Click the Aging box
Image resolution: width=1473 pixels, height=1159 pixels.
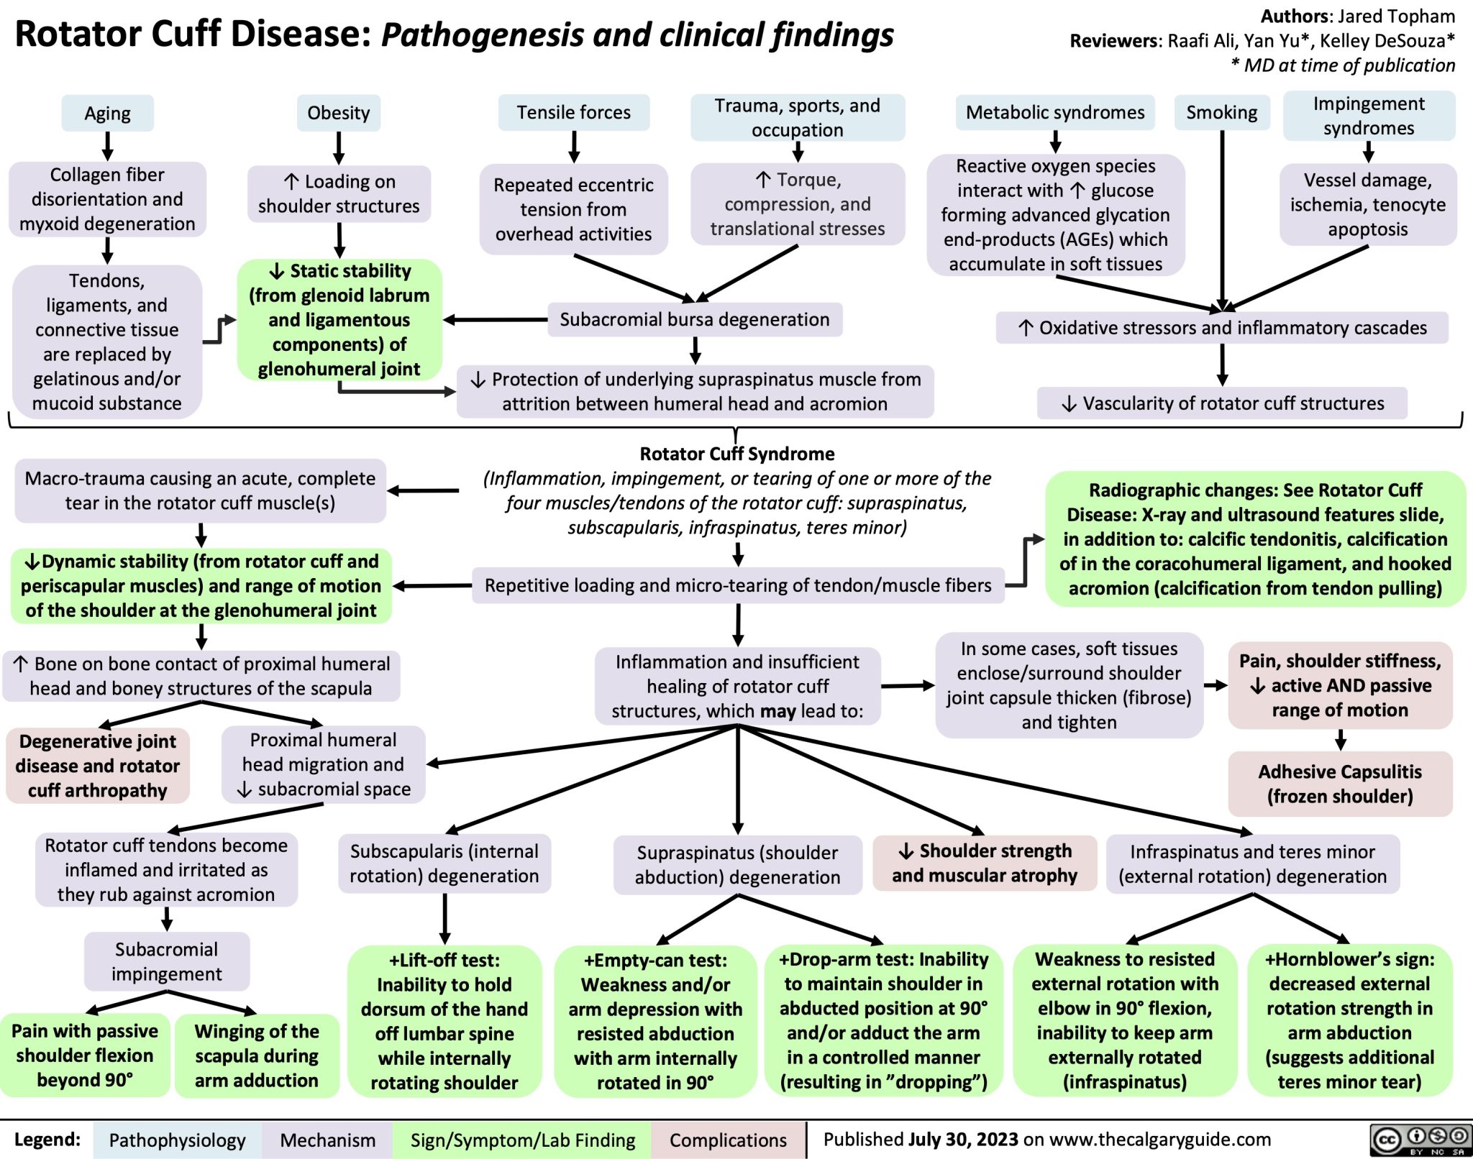[x=107, y=114]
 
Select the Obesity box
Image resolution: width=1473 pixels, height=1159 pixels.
[x=338, y=113]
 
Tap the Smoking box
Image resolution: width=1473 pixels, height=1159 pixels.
[x=1221, y=113]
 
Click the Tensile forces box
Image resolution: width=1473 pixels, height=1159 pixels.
[x=573, y=113]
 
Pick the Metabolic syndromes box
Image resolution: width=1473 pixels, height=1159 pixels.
[x=1054, y=113]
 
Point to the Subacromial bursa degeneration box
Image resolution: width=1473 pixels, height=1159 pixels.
[x=694, y=320]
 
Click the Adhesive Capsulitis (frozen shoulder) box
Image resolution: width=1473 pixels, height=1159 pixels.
[x=1339, y=784]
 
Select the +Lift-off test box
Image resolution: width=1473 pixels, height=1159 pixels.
[x=444, y=1021]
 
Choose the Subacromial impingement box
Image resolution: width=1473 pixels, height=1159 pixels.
[x=167, y=961]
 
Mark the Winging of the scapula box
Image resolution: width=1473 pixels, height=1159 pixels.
[x=256, y=1055]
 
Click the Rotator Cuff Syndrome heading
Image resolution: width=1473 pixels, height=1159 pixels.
[x=736, y=454]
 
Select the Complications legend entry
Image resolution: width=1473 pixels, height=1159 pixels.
[x=728, y=1140]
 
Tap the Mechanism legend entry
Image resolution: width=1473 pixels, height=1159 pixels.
[x=327, y=1140]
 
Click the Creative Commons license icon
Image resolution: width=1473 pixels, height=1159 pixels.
[x=1419, y=1140]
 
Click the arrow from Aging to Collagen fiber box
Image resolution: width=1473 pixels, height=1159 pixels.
[x=107, y=147]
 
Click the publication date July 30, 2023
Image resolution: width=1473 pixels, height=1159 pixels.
[x=963, y=1140]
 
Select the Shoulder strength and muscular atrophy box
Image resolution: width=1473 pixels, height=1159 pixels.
[x=984, y=863]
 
